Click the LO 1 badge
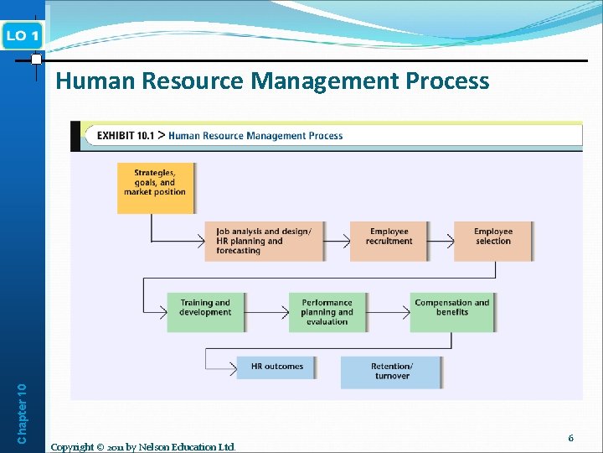pyautogui.click(x=23, y=35)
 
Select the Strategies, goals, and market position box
pyautogui.click(x=155, y=187)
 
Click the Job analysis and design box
pyautogui.click(x=264, y=241)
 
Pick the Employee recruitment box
pyautogui.click(x=389, y=241)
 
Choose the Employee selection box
pyautogui.click(x=492, y=241)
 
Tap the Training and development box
pyautogui.click(x=204, y=311)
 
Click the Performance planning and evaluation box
pyautogui.click(x=327, y=311)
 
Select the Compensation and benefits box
pyautogui.click(x=452, y=311)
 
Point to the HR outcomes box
pyautogui.click(x=276, y=367)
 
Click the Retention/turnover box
pyautogui.click(x=391, y=372)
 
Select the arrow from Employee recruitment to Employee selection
pyautogui.click(x=441, y=241)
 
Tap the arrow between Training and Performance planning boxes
pyautogui.click(x=266, y=311)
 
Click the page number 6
pyautogui.click(x=570, y=438)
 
